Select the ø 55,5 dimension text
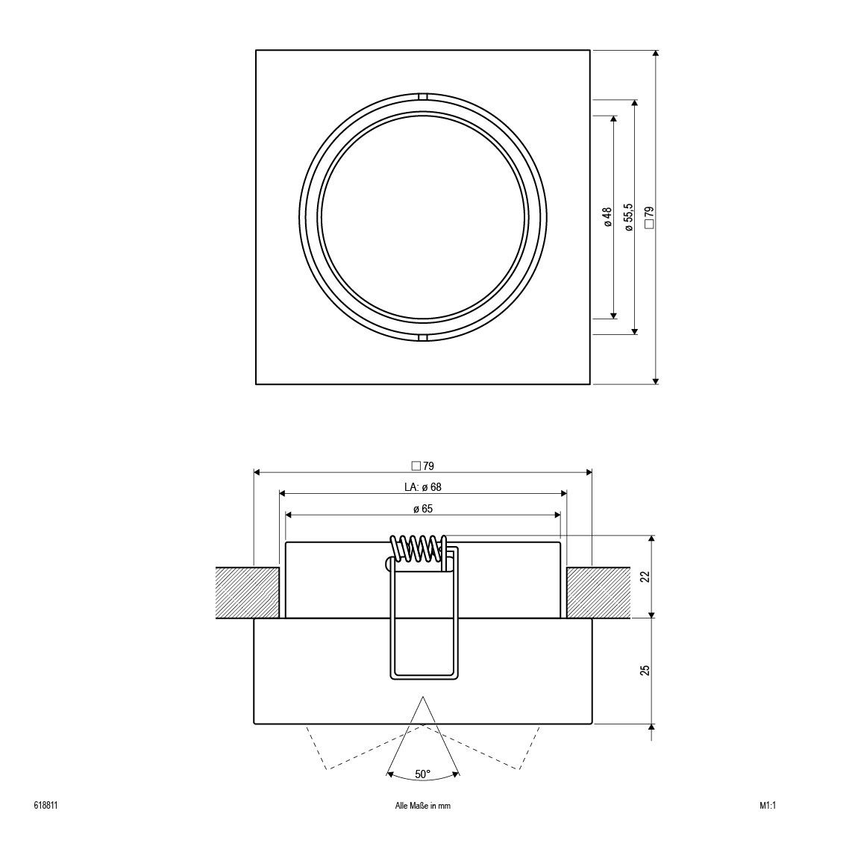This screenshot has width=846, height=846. pos(629,217)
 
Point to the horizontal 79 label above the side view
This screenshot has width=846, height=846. pos(422,466)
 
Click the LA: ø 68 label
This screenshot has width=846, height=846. pos(422,487)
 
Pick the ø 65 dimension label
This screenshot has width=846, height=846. pos(422,509)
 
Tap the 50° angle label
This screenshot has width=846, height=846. pos(422,774)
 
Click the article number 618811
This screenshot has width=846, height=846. pos(46,806)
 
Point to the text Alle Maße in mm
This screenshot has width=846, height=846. pos(422,806)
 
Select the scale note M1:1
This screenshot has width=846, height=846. pos(768,806)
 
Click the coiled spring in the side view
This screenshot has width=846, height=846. pos(420,548)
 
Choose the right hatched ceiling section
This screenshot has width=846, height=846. pos(600,592)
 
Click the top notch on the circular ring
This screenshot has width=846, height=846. pos(423,96)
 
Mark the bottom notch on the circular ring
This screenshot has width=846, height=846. pos(423,338)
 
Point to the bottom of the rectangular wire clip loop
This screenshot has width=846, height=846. pos(423,677)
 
